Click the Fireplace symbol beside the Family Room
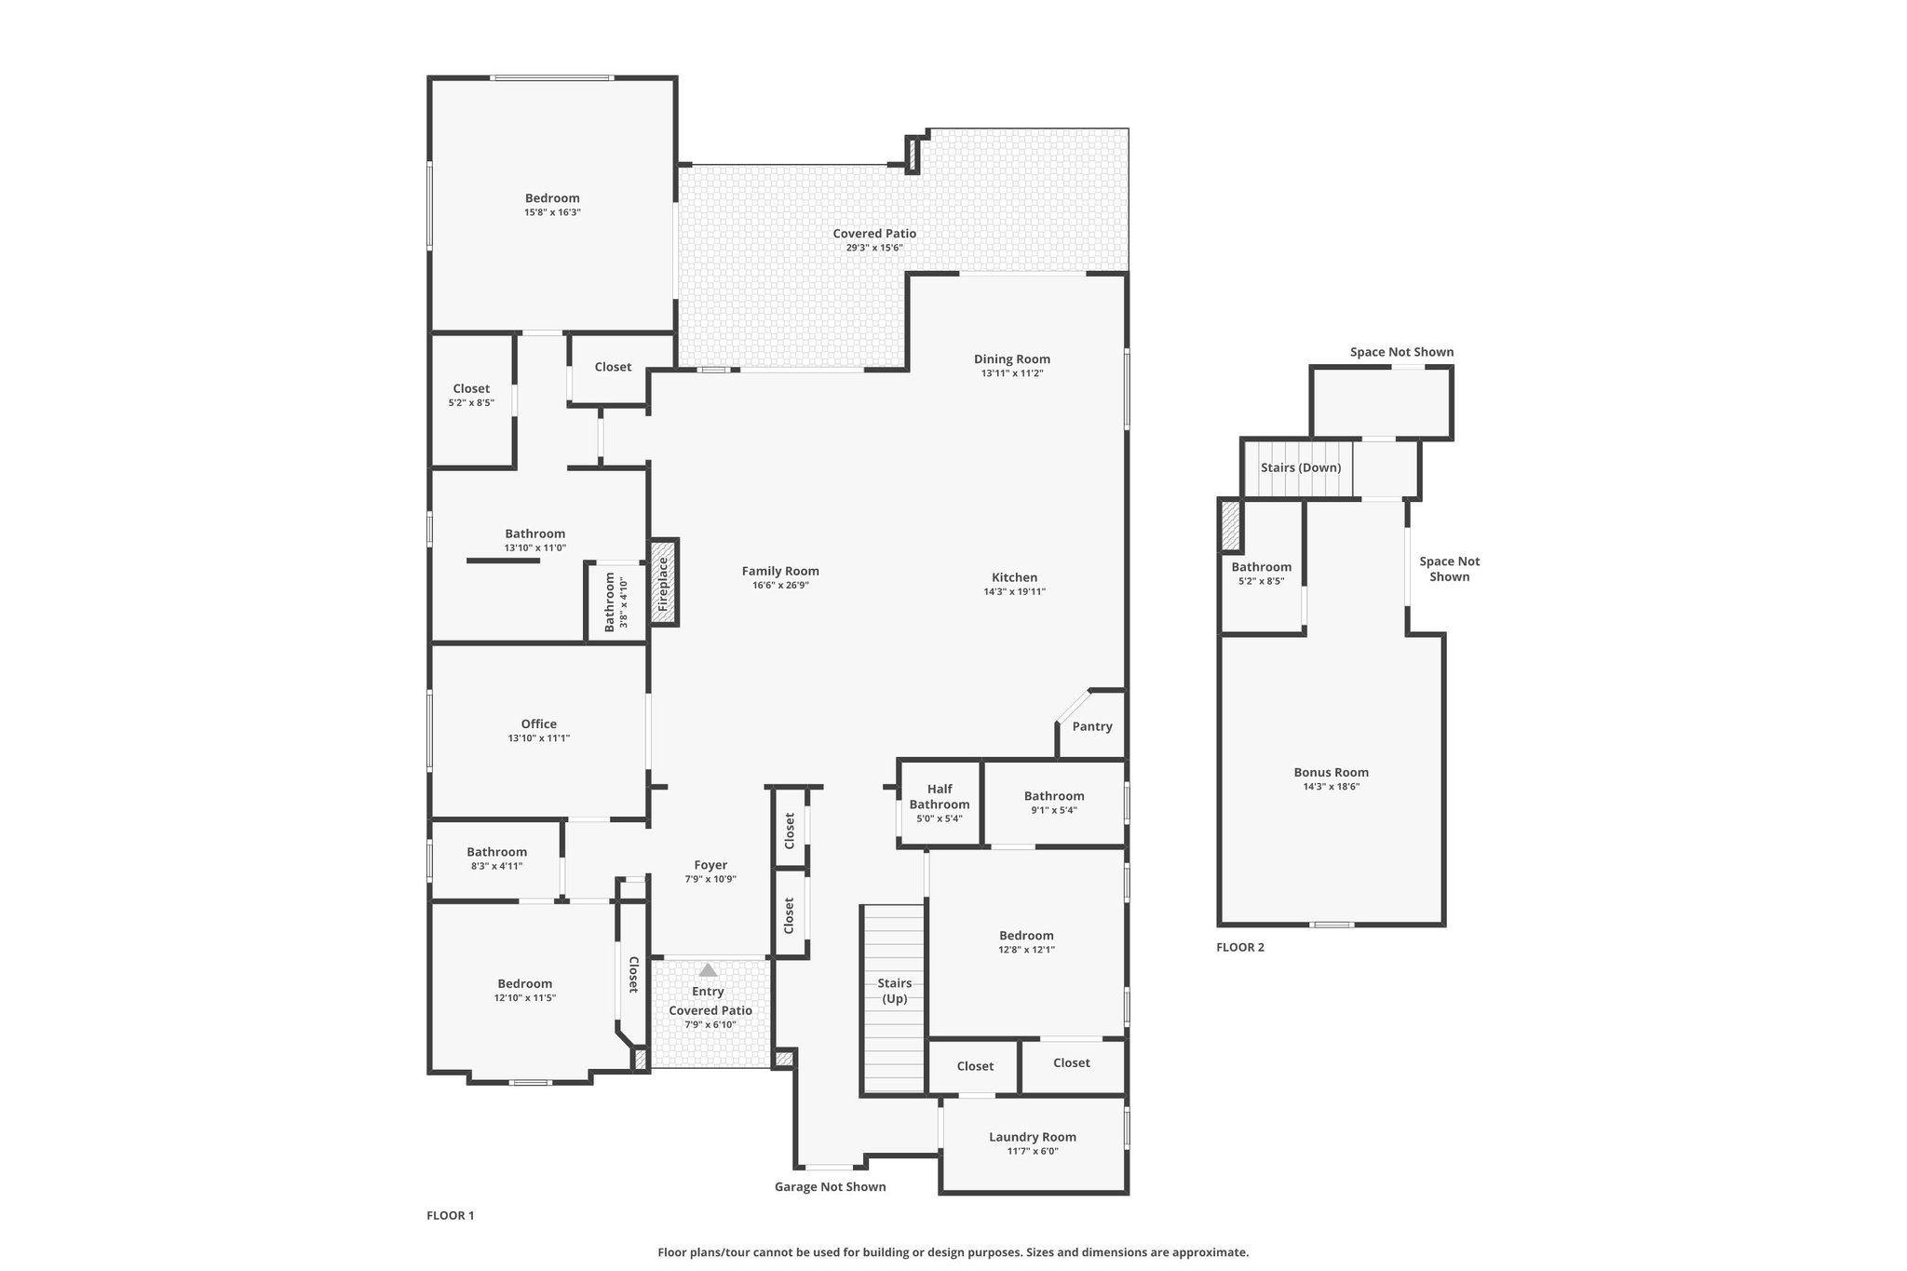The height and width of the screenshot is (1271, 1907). tap(664, 582)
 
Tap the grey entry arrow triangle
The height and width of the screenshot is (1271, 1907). tap(708, 970)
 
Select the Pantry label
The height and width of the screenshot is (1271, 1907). tap(1092, 726)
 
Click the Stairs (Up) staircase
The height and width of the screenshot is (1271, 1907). tap(893, 999)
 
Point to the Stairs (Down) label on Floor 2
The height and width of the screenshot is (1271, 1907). tap(1301, 467)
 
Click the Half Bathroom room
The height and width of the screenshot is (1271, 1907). tap(940, 804)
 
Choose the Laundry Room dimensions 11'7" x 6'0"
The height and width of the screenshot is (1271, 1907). tap(1033, 1151)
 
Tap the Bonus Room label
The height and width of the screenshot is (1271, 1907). tap(1332, 772)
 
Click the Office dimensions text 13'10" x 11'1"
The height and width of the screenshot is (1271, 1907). tap(539, 738)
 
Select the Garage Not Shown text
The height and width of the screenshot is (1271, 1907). tap(831, 1187)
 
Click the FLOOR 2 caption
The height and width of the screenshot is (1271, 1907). tap(1240, 948)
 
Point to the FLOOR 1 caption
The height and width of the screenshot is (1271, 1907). tap(451, 1215)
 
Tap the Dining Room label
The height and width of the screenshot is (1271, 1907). tap(1012, 359)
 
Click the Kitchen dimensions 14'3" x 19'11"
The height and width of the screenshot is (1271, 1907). tap(1015, 592)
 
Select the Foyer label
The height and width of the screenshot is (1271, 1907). tap(710, 865)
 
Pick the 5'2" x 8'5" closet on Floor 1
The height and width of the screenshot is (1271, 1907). tap(471, 400)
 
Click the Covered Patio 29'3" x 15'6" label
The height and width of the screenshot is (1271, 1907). tap(874, 240)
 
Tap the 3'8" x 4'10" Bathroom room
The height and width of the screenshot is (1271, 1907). tap(615, 602)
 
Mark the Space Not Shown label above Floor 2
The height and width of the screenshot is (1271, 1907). tap(1402, 352)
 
